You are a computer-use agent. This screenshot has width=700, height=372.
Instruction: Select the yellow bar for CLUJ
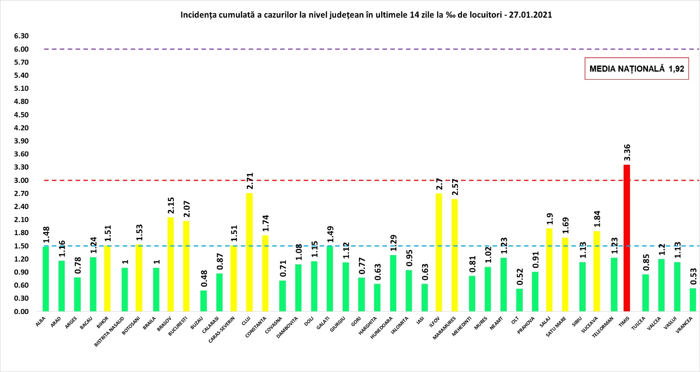point(250,252)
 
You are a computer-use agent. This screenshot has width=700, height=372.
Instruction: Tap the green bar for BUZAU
point(203,301)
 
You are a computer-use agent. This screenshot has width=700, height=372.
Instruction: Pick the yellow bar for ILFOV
point(439,252)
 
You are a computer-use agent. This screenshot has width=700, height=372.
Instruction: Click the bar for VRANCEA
point(692,300)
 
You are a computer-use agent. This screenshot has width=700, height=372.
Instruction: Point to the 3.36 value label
point(627,153)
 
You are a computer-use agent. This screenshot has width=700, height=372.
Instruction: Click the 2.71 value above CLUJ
point(250,181)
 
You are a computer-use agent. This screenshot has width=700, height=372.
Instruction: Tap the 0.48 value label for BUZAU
point(203,279)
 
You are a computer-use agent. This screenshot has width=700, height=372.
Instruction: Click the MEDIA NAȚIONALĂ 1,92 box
point(637,69)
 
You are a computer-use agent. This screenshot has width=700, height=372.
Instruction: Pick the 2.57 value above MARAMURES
point(454,187)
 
